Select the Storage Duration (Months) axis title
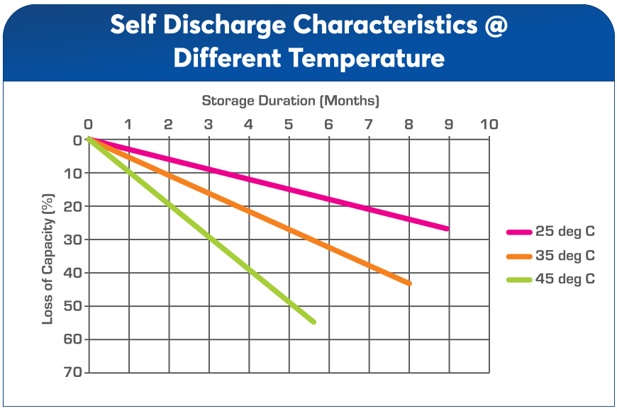point(291,101)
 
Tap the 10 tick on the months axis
point(489,125)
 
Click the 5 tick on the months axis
point(288,125)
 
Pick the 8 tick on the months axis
point(408,125)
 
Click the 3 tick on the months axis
point(208,125)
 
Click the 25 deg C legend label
point(566,232)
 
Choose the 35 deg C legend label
point(566,255)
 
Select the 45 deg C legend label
point(566,278)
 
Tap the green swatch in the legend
point(519,279)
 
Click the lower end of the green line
point(313,322)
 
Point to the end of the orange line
point(408,283)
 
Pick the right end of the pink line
point(447,228)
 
